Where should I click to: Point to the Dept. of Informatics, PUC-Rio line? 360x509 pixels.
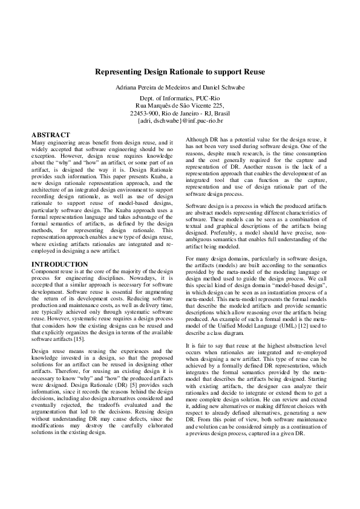tap(180, 98)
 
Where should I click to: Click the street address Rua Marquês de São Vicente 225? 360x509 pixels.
tap(180, 105)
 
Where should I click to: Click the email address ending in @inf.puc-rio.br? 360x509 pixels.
tap(180, 120)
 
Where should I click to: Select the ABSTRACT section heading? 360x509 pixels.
tap(50, 135)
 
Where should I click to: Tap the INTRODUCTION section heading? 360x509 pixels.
tap(59, 264)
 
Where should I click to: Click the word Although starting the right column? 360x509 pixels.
tap(197, 140)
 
